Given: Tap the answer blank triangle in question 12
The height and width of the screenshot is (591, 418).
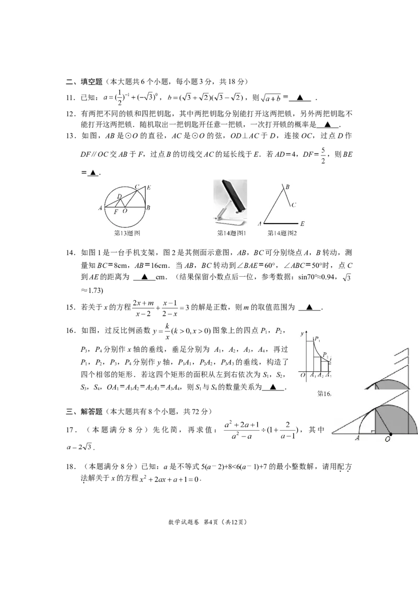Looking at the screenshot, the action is pos(328,124).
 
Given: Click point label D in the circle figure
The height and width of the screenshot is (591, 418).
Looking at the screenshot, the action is pos(119,196).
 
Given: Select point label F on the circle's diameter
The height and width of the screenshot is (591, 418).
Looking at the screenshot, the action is pos(116,212).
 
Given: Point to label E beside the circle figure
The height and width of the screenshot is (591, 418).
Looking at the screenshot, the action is pos(149,187).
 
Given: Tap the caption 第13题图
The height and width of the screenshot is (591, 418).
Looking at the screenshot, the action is pos(127,233).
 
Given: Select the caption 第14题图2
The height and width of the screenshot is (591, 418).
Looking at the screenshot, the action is pos(282,233).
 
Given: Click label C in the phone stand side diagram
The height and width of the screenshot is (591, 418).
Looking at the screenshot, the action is pos(294,205).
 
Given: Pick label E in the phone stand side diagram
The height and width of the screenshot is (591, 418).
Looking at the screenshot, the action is pos(302,224).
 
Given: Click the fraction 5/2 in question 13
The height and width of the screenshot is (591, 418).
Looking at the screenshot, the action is pos(323,156).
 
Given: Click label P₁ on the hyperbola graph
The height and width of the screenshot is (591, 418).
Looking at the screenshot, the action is pos(318,339).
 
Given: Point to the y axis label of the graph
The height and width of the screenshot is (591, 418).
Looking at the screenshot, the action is pos(302,334).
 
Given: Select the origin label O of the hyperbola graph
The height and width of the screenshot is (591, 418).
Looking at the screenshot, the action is pos(302,375).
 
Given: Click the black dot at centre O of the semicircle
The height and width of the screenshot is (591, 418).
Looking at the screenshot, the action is pos(390,434).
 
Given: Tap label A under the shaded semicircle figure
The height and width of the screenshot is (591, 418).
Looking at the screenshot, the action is pos(357,439).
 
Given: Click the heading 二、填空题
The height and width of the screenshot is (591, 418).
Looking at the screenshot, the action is pos(84,82).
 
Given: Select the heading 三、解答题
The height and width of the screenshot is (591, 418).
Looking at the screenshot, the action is pos(84,411).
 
